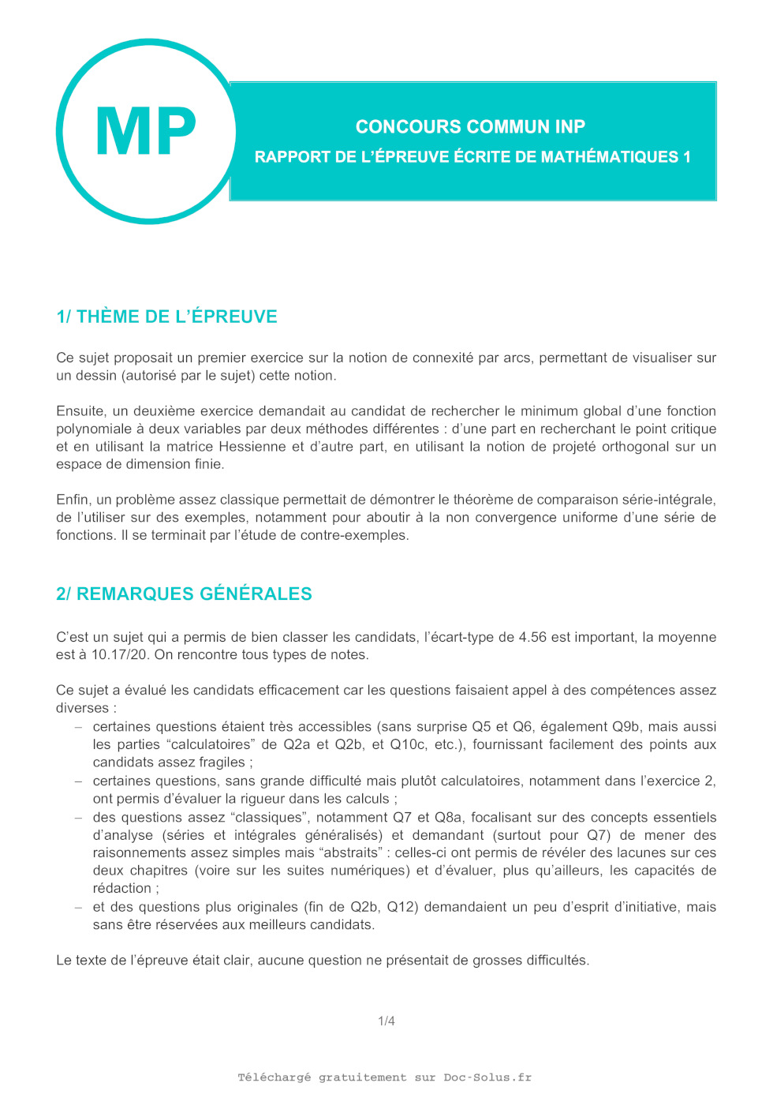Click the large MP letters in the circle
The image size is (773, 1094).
coord(146,132)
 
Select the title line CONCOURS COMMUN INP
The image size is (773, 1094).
coord(470,127)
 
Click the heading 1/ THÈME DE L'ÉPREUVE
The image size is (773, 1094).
coord(166,317)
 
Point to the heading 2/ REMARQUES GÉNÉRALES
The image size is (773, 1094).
coord(184,594)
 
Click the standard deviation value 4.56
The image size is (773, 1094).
coord(532,637)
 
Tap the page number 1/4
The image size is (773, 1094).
coord(386,1021)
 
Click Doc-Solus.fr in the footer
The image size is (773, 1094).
coord(487,1077)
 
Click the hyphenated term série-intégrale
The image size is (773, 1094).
coord(667,500)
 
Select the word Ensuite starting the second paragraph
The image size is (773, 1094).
coord(80,411)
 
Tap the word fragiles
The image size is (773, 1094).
coord(222,762)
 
